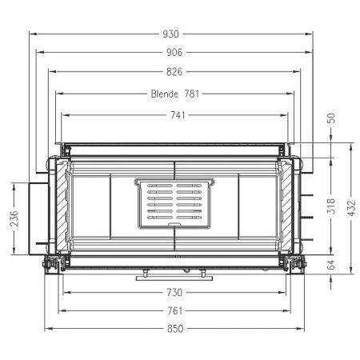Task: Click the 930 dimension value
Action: click(x=171, y=34)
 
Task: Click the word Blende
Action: click(x=165, y=94)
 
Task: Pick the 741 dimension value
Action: click(x=177, y=115)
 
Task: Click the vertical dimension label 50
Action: click(x=331, y=118)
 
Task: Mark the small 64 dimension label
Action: click(x=331, y=265)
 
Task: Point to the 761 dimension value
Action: click(x=176, y=310)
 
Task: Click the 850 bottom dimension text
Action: click(x=175, y=329)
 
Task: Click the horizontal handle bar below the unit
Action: click(x=174, y=278)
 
